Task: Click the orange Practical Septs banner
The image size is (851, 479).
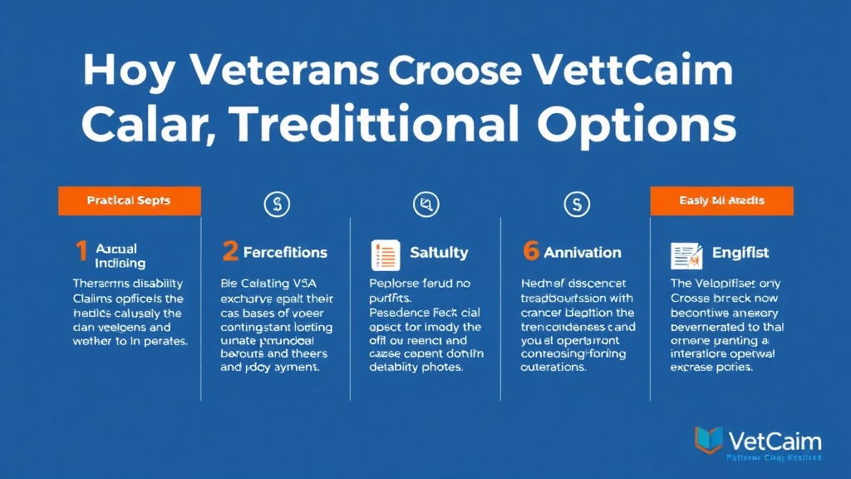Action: [129, 201]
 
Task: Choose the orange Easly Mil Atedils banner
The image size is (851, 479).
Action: [721, 201]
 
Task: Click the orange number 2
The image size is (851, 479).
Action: [230, 252]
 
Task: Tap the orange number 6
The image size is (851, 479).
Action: [531, 252]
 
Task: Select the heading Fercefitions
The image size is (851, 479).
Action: [285, 253]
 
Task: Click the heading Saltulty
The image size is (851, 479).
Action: [439, 253]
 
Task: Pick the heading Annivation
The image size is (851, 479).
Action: [583, 253]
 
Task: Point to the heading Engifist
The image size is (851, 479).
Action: [740, 253]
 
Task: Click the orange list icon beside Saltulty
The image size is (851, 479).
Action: [385, 253]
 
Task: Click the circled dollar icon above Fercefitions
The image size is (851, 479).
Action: [277, 205]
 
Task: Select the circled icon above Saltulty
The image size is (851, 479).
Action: [425, 205]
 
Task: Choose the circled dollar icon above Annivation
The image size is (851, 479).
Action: [575, 205]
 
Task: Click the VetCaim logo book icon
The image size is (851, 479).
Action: [707, 440]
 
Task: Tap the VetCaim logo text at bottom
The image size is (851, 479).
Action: [774, 440]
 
